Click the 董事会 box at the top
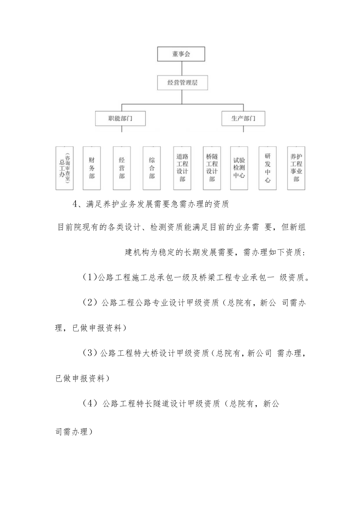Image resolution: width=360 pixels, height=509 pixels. pos(180,54)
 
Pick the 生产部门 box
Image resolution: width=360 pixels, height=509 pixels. pos(243,118)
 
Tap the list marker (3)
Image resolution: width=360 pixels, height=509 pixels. pos(90,353)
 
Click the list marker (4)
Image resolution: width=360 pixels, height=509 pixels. pos(90,404)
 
